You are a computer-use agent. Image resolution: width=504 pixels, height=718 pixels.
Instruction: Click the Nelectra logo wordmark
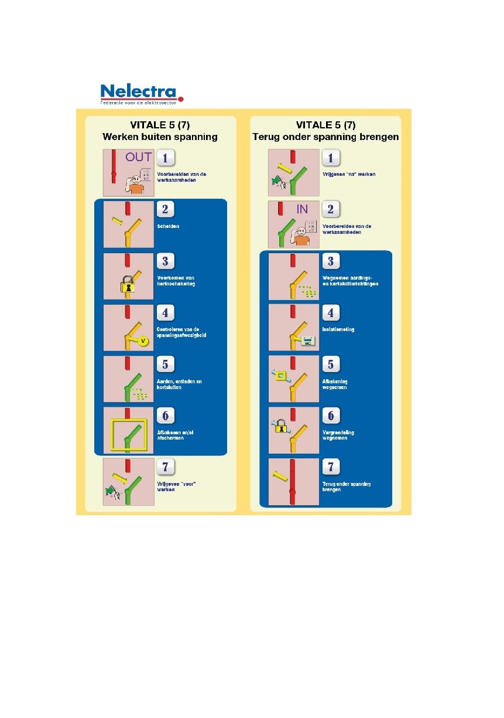coord(138,92)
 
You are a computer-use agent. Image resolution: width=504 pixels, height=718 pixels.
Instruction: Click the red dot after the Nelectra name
coord(181,100)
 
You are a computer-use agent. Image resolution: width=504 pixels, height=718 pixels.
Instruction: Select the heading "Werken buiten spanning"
coord(160,137)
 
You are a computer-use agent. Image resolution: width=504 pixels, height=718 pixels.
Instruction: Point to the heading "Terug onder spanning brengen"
coord(325,137)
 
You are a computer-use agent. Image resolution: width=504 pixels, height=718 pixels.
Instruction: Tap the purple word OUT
coord(138,158)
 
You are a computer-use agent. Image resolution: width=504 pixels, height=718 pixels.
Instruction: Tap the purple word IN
coord(302,209)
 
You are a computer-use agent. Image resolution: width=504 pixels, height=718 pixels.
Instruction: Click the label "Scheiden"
coord(168,226)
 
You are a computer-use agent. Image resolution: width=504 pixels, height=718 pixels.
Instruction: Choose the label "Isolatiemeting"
coord(338,329)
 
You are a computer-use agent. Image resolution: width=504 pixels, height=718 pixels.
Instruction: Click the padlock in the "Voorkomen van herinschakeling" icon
coord(128,285)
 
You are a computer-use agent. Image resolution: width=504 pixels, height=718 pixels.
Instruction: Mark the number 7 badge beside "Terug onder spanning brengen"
coord(330,467)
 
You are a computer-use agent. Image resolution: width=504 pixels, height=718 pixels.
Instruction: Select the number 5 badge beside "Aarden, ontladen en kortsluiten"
coord(165,364)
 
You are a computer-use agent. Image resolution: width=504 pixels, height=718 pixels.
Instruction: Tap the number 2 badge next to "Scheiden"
coord(165,209)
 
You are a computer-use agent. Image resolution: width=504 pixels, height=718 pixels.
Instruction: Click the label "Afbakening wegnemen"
coord(335,384)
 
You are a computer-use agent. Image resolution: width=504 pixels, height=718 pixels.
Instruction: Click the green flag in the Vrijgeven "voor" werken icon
coord(111,492)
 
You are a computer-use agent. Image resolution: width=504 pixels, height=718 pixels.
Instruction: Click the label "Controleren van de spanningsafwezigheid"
coord(181,332)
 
